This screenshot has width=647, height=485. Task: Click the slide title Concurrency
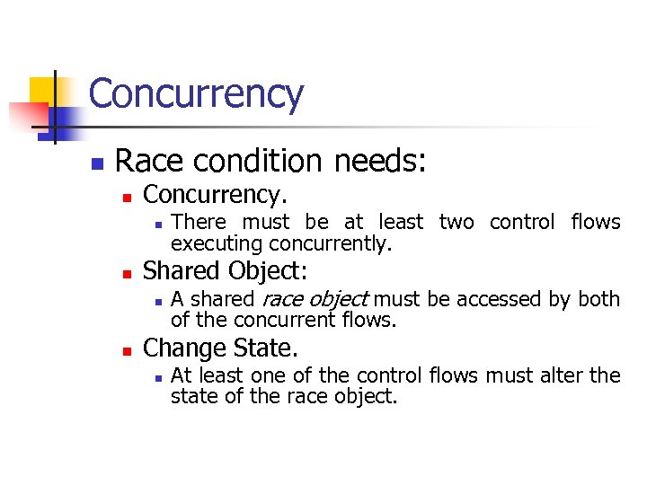pyautogui.click(x=196, y=94)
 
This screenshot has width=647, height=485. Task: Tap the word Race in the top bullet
pyautogui.click(x=146, y=162)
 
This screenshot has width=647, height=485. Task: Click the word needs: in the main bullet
pyautogui.click(x=380, y=162)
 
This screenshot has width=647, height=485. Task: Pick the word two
pyautogui.click(x=456, y=222)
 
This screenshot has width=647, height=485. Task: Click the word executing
pyautogui.click(x=216, y=243)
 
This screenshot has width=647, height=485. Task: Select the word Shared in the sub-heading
pyautogui.click(x=182, y=270)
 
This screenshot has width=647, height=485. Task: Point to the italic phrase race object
pyautogui.click(x=314, y=299)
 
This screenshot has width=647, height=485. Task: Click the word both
pyautogui.click(x=598, y=299)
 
